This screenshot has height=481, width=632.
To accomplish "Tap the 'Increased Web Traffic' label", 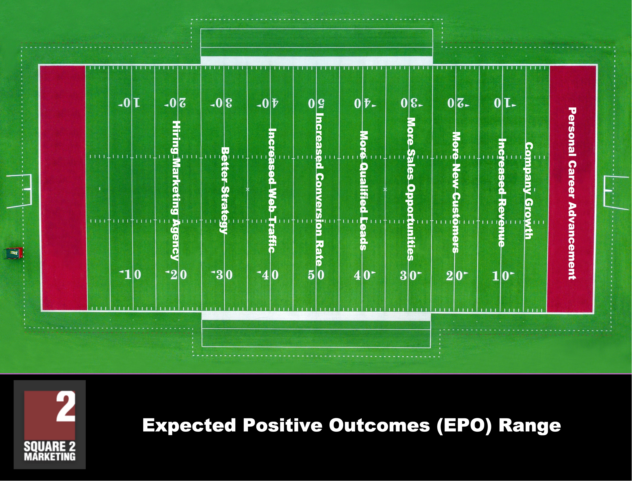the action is click(272, 190).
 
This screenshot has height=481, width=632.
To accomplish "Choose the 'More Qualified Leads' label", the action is click(364, 191).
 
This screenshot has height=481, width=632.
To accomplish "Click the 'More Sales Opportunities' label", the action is click(411, 189).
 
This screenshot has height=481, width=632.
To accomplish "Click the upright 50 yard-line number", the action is click(316, 275).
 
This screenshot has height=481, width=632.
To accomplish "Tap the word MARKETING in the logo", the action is click(50, 456).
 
